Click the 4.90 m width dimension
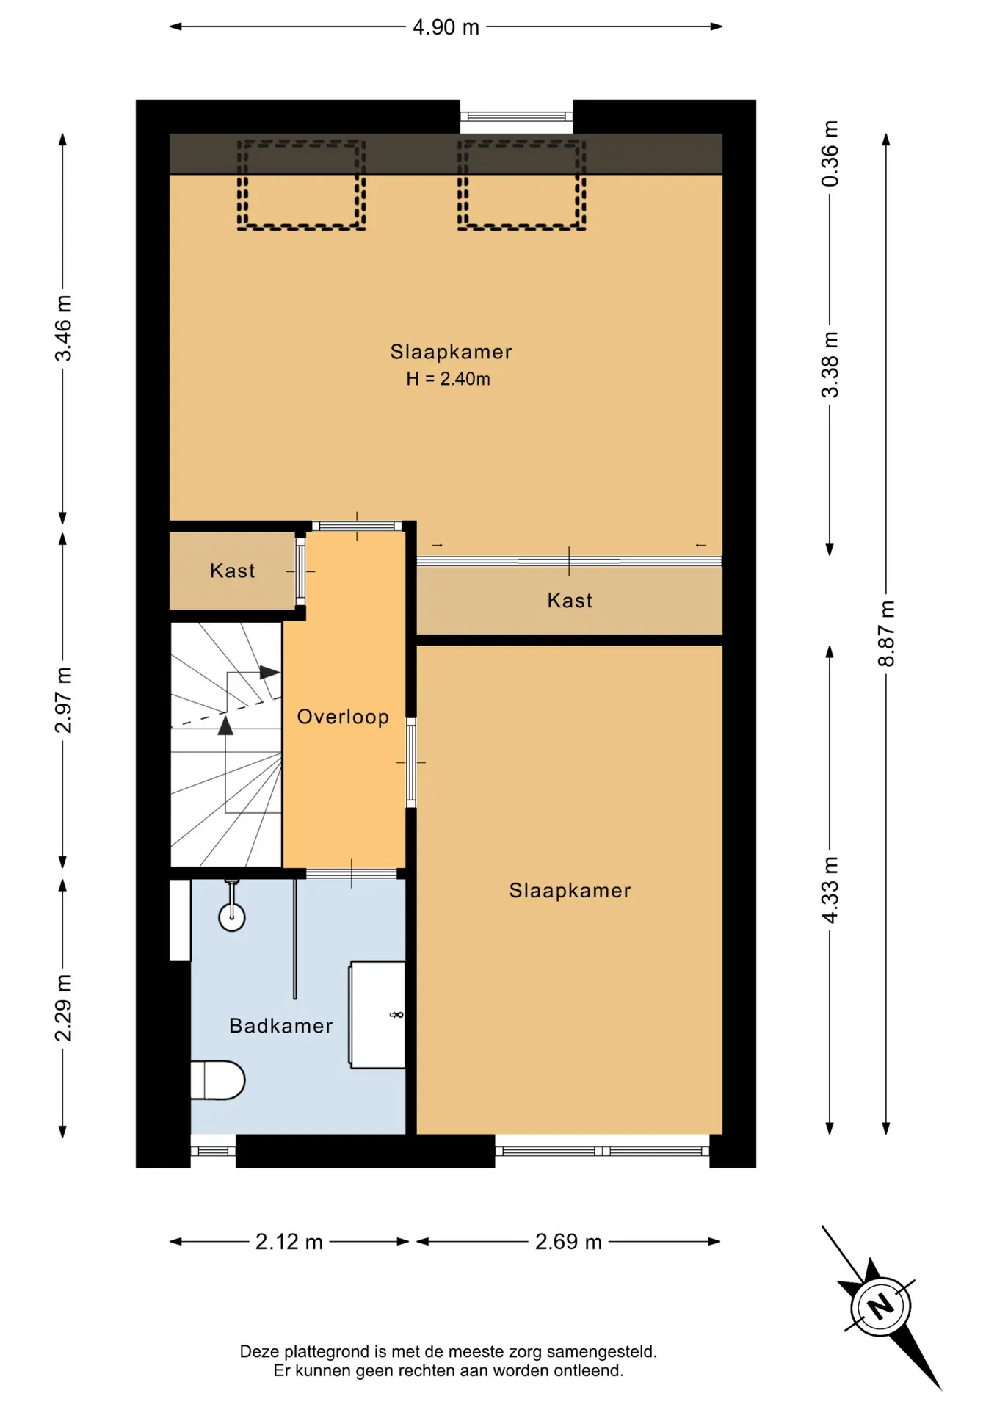pos(446,27)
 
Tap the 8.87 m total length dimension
pos(887,633)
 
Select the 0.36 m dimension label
pos(830,153)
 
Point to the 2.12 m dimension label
pos(289,1242)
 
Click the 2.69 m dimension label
pos(568,1242)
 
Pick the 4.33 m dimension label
pos(830,890)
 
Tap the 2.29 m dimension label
pos(63,1008)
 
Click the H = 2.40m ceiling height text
pos(449,379)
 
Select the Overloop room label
pos(343,717)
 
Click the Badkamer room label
pos(281,1026)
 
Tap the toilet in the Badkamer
pos(217,1080)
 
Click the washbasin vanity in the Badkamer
pos(377,1014)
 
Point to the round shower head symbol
pos(232,916)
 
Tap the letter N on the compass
pos(881,1306)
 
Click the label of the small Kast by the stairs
pos(233,571)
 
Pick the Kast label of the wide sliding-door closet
pos(570,601)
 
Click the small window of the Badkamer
pos(213,1151)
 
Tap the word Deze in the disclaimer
pos(260,1351)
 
